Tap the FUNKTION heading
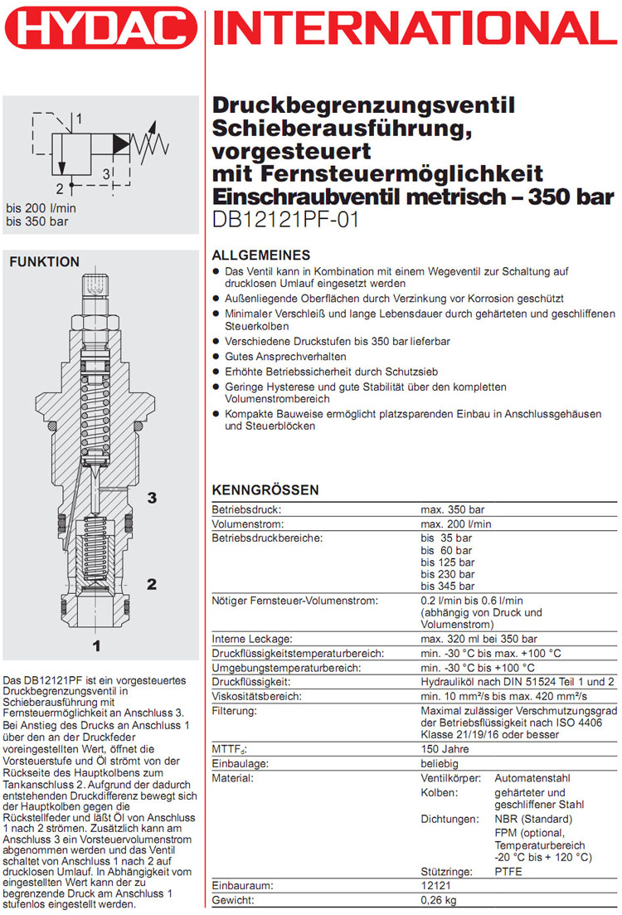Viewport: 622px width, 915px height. coord(44,262)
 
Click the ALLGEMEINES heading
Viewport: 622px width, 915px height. coord(261,256)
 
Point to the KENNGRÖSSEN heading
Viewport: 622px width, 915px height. coord(265,490)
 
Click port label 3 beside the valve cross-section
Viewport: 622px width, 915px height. coord(152,498)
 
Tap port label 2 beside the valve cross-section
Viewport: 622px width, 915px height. coord(152,584)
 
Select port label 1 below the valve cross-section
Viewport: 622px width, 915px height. coord(96,645)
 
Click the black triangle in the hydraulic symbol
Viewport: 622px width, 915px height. coord(120,143)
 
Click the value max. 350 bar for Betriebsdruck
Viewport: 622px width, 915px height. coord(452,509)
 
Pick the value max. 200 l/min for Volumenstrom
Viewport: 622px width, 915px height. coord(455,524)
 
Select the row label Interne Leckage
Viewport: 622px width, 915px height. coord(252,639)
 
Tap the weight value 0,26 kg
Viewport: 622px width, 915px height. coord(441,901)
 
